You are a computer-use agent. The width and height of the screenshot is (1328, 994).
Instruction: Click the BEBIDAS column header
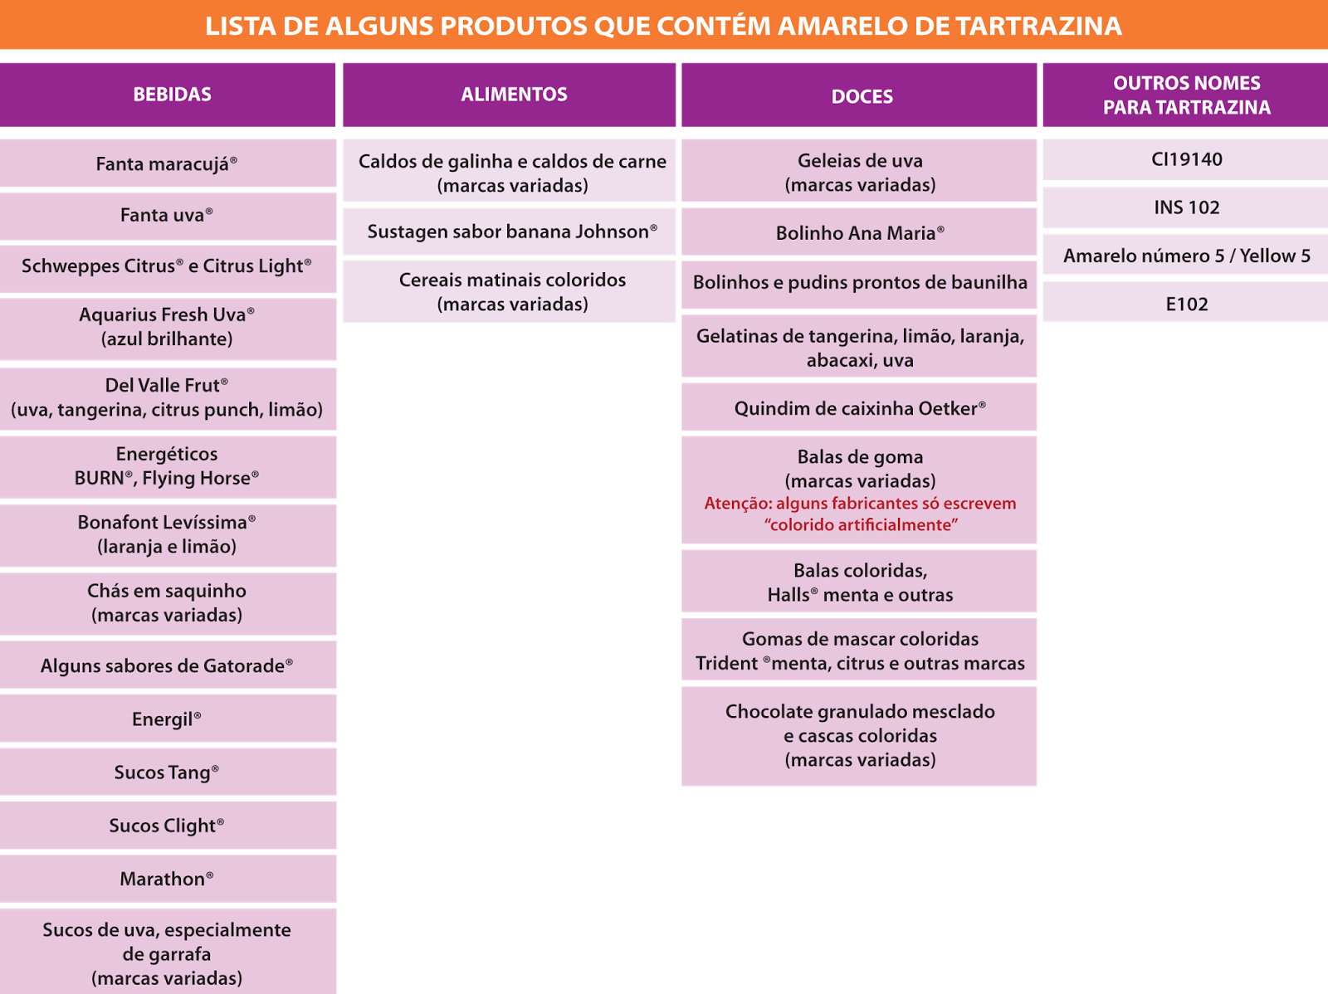point(172,95)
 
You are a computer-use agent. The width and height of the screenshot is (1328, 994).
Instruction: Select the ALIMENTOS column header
point(514,95)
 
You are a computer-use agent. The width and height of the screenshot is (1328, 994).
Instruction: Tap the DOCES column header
point(862,96)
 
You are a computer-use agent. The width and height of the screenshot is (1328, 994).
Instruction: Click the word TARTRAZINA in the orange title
point(1038,26)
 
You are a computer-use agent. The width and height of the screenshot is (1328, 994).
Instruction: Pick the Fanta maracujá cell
point(167,163)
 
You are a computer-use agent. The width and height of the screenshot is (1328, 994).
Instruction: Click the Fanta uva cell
point(167,216)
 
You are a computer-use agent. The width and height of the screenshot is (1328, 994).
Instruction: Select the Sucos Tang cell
point(167,772)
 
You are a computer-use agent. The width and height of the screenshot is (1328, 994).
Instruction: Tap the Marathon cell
point(167,879)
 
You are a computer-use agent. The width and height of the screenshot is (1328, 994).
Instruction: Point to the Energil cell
point(167,719)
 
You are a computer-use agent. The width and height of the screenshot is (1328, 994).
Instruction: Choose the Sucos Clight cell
point(167,826)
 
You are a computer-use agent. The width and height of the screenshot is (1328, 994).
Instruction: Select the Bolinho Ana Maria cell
point(860,233)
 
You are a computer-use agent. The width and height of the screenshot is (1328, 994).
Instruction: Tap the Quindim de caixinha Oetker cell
point(860,408)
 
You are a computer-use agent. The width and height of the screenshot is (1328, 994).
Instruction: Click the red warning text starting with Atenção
point(860,514)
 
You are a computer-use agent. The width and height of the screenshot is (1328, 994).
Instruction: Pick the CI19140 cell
point(1186,159)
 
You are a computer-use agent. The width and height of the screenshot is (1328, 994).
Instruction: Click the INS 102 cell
point(1186,207)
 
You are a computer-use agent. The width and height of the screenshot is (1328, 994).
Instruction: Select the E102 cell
point(1186,304)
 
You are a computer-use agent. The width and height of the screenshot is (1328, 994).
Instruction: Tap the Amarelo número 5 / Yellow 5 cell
point(1186,256)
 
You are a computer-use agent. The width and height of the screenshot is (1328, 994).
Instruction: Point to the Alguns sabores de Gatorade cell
point(167,665)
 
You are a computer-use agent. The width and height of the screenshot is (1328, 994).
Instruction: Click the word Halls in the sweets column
point(788,595)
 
